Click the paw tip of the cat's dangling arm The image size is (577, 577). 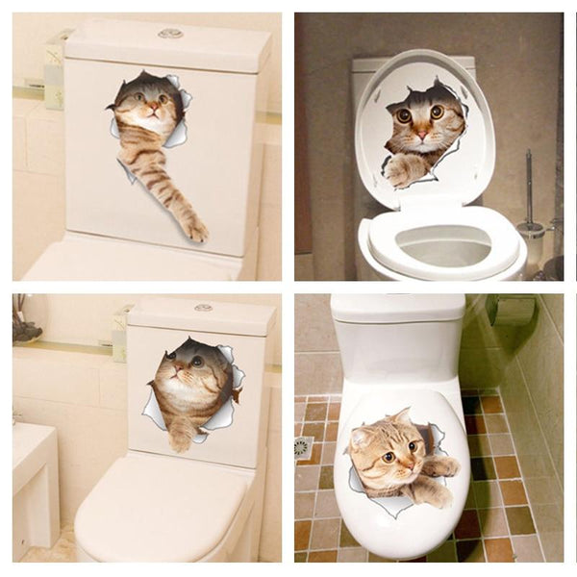tap(196, 232)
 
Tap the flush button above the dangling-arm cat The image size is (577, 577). tap(170, 34)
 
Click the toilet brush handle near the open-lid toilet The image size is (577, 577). tap(528, 183)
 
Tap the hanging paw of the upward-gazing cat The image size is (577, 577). tap(181, 440)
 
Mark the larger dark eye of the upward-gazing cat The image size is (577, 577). tap(196, 361)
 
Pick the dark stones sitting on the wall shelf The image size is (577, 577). tap(27, 329)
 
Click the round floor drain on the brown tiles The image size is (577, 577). tap(304, 448)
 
